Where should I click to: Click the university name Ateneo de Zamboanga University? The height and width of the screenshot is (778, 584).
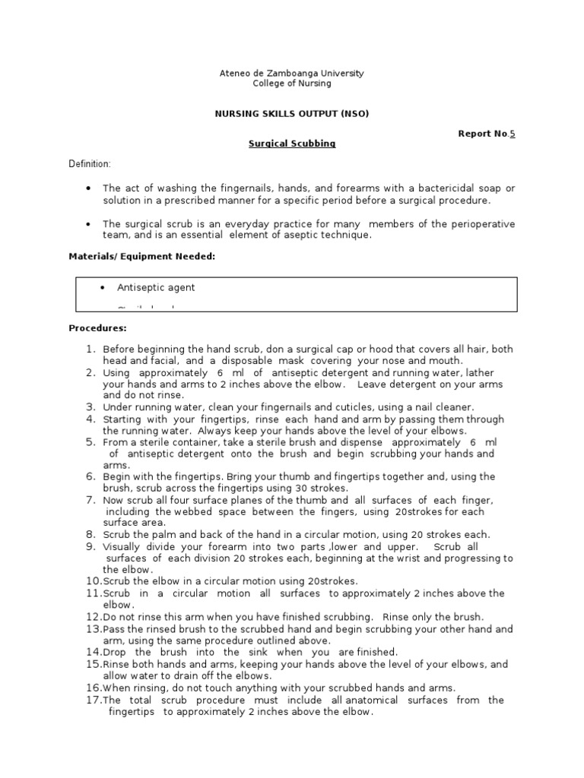point(292,74)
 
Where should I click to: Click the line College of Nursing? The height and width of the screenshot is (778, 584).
point(292,84)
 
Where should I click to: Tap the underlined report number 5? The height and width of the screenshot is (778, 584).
point(512,134)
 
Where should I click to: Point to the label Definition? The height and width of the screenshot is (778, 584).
point(90,164)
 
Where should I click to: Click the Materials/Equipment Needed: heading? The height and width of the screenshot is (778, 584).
point(142,257)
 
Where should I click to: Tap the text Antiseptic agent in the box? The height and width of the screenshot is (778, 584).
point(155,287)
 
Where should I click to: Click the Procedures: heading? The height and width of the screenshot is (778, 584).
point(97,328)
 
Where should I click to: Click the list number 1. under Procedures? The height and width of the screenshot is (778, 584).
point(89,349)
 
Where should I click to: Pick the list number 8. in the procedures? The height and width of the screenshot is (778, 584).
point(89,534)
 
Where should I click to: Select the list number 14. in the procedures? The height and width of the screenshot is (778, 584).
point(93,652)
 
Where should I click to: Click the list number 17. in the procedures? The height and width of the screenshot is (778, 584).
point(93,700)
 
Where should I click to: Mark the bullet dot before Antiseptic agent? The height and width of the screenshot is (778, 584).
point(103,287)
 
